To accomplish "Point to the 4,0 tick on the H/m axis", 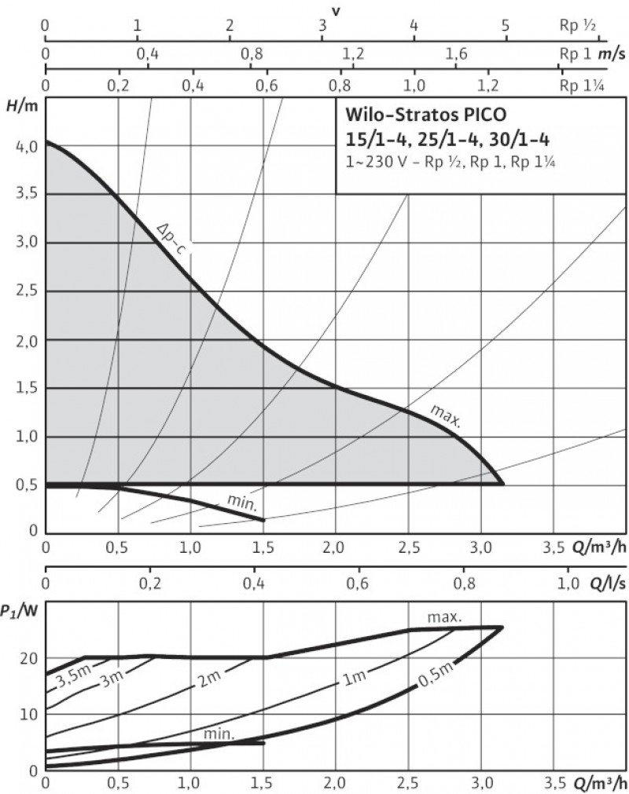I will [25, 146].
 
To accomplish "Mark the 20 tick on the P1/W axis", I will [28, 657].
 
